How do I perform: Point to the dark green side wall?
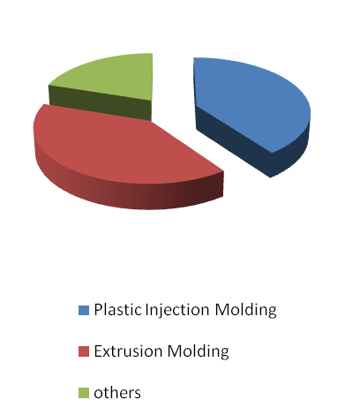(x=100, y=103)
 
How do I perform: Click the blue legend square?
(x=84, y=310)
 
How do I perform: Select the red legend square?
(x=84, y=351)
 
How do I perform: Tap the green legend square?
(x=84, y=393)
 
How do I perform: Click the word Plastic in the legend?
(x=118, y=310)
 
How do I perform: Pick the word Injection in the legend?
(x=177, y=311)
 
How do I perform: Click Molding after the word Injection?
(x=245, y=311)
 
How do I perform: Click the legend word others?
(x=117, y=393)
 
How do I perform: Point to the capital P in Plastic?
(x=98, y=310)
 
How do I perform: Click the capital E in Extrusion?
(x=98, y=351)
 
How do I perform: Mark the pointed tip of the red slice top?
(x=223, y=171)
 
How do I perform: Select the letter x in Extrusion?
(x=108, y=353)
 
